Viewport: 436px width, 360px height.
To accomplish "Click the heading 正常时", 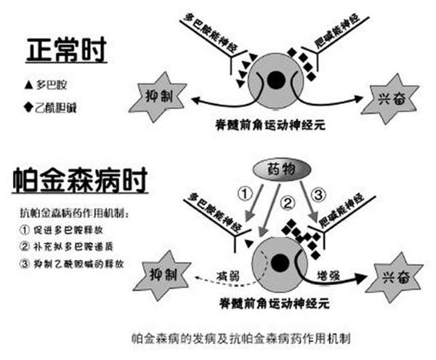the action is pyautogui.click(x=66, y=49).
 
